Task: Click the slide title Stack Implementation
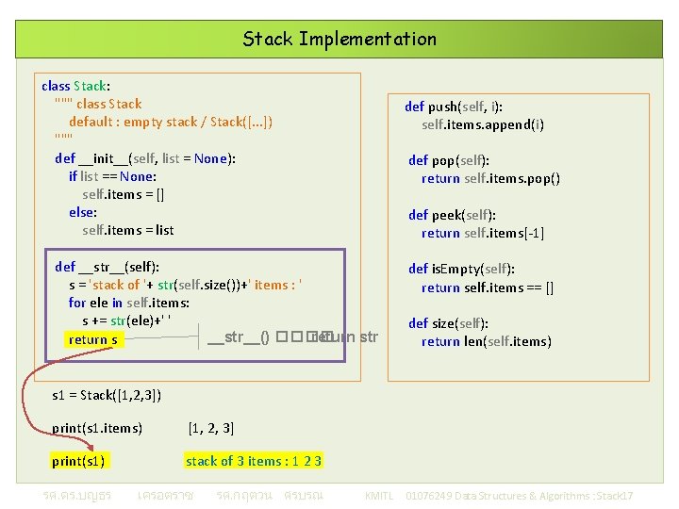[339, 40]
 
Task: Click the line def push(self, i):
[466, 107]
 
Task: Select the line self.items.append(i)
[483, 124]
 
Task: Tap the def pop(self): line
[448, 160]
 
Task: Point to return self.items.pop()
[490, 178]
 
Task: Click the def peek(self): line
[452, 215]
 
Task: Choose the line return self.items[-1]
[483, 233]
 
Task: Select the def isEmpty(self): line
[461, 269]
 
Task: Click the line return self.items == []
[488, 287]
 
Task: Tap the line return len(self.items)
[487, 341]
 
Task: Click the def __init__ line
[145, 158]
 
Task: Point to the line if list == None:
[112, 176]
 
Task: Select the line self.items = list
[128, 230]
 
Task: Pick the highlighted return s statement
[93, 339]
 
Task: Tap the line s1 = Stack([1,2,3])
[107, 395]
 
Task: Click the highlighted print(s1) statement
[78, 461]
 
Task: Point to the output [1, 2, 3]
[211, 429]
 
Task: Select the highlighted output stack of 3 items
[254, 461]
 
